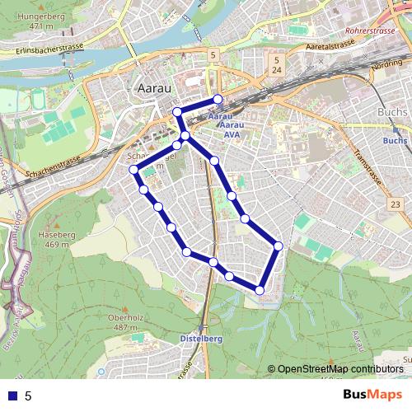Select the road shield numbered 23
coord(396,204)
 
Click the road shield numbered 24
coord(278,71)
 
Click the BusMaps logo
coord(373,395)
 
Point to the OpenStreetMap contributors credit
coord(339,368)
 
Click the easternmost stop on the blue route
coord(279,246)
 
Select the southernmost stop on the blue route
coord(260,289)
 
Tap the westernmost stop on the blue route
coord(133,170)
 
